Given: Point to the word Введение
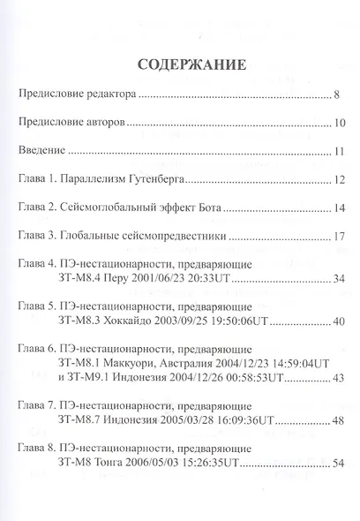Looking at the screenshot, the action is [x=45, y=152].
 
